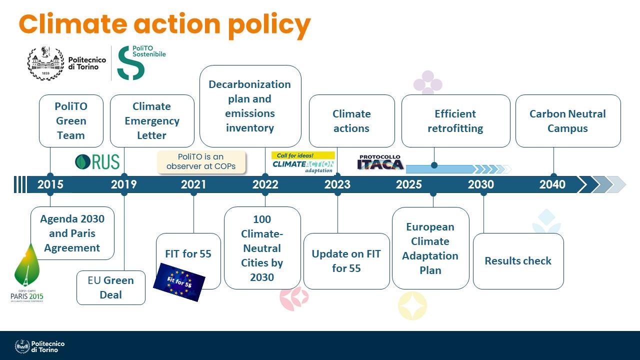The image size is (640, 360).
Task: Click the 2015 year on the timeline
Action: (50, 184)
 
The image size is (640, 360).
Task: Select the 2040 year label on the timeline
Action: (552, 184)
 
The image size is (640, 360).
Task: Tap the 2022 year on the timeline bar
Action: (265, 184)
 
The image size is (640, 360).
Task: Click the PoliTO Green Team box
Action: (71, 121)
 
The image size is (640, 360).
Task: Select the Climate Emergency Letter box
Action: (152, 121)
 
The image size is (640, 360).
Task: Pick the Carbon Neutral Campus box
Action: (568, 121)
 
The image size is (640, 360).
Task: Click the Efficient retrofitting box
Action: (455, 121)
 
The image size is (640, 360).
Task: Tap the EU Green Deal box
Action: (110, 287)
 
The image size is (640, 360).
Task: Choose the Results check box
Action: (518, 261)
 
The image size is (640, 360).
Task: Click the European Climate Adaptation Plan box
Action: (430, 248)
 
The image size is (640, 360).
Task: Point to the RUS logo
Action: (97, 162)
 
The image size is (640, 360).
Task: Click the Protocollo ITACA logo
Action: (380, 162)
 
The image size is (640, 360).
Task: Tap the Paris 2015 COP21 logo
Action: (27, 275)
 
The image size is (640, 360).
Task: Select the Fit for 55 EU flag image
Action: (179, 282)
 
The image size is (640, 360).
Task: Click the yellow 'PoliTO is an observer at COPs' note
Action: (201, 162)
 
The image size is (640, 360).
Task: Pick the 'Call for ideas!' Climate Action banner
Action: (303, 162)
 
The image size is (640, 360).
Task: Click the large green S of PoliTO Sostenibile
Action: (130, 63)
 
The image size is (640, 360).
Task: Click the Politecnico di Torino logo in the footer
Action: (40, 346)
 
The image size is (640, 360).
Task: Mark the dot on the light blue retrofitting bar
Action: (434, 165)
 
